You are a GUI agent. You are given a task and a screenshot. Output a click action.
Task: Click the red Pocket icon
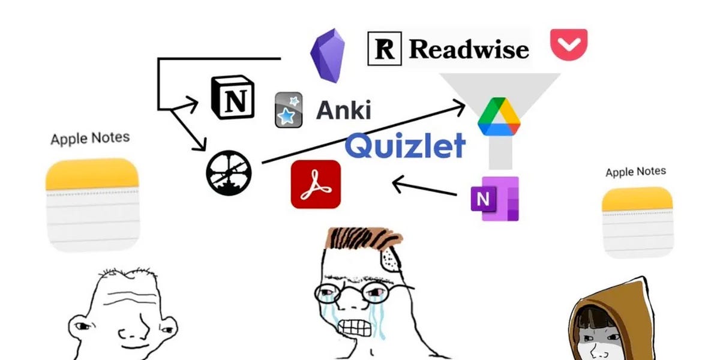(568, 44)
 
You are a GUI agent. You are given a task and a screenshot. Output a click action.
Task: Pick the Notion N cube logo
(233, 98)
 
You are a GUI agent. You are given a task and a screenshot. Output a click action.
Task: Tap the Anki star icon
(288, 110)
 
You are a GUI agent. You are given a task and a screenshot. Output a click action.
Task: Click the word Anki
(343, 110)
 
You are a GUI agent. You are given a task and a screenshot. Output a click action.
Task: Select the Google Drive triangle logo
(499, 117)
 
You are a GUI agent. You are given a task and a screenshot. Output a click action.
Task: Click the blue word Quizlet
(406, 145)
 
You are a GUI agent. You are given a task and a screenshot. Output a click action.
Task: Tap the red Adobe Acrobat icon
(316, 184)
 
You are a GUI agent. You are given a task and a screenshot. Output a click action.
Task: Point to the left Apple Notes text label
(90, 139)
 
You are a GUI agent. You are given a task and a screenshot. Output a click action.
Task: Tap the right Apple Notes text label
(635, 172)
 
